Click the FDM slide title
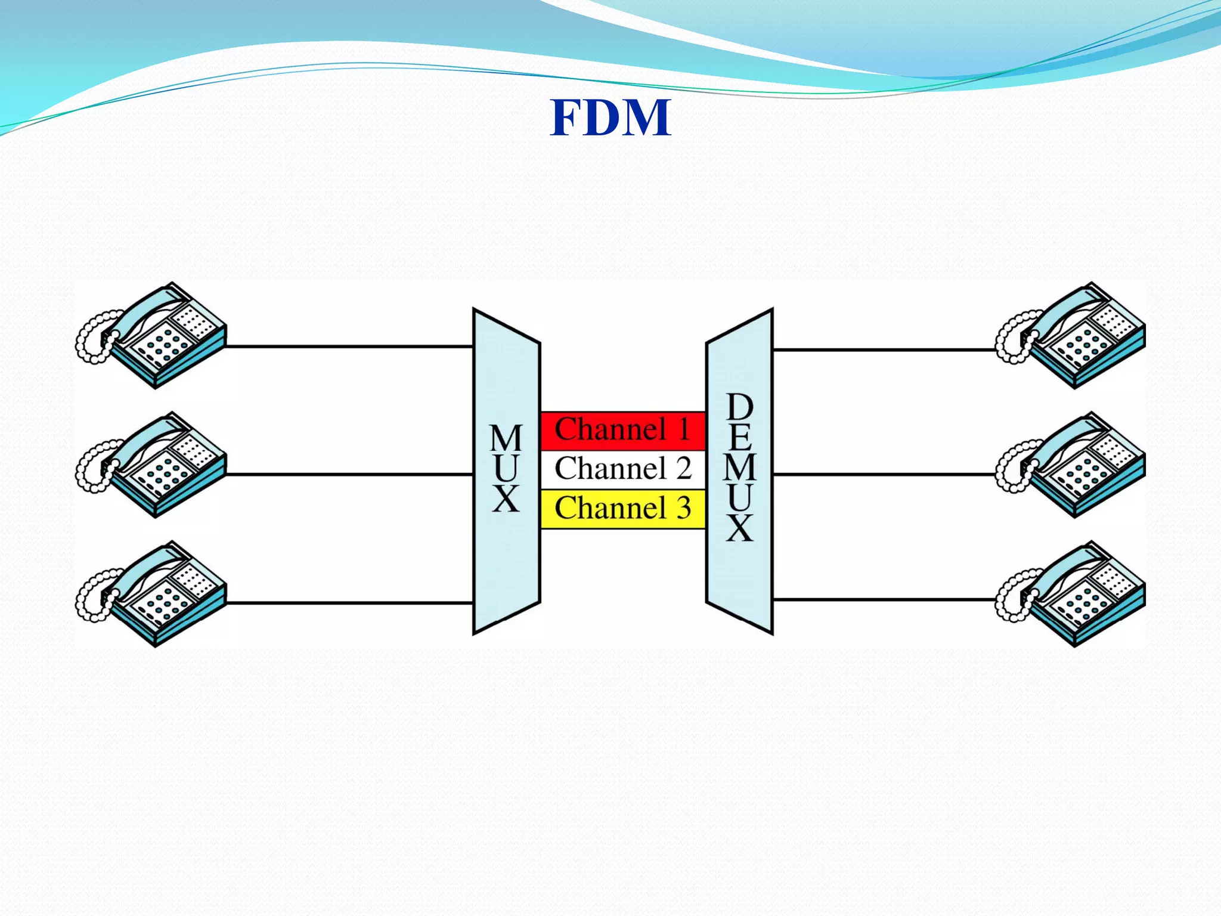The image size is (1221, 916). coord(610,117)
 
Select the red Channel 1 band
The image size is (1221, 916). coord(622,430)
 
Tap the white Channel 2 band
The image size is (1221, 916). coord(622,469)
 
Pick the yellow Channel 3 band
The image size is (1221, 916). coord(622,509)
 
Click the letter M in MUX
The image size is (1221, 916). coord(506,439)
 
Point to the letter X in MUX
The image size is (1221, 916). coord(506,499)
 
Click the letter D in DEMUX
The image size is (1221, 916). coord(740,407)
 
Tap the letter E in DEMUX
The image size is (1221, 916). coord(740,438)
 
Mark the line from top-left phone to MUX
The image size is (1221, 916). coord(349,346)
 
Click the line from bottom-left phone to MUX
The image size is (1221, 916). coord(349,603)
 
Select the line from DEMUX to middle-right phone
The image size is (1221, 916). coord(882,475)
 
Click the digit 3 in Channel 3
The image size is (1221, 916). coord(684,508)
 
